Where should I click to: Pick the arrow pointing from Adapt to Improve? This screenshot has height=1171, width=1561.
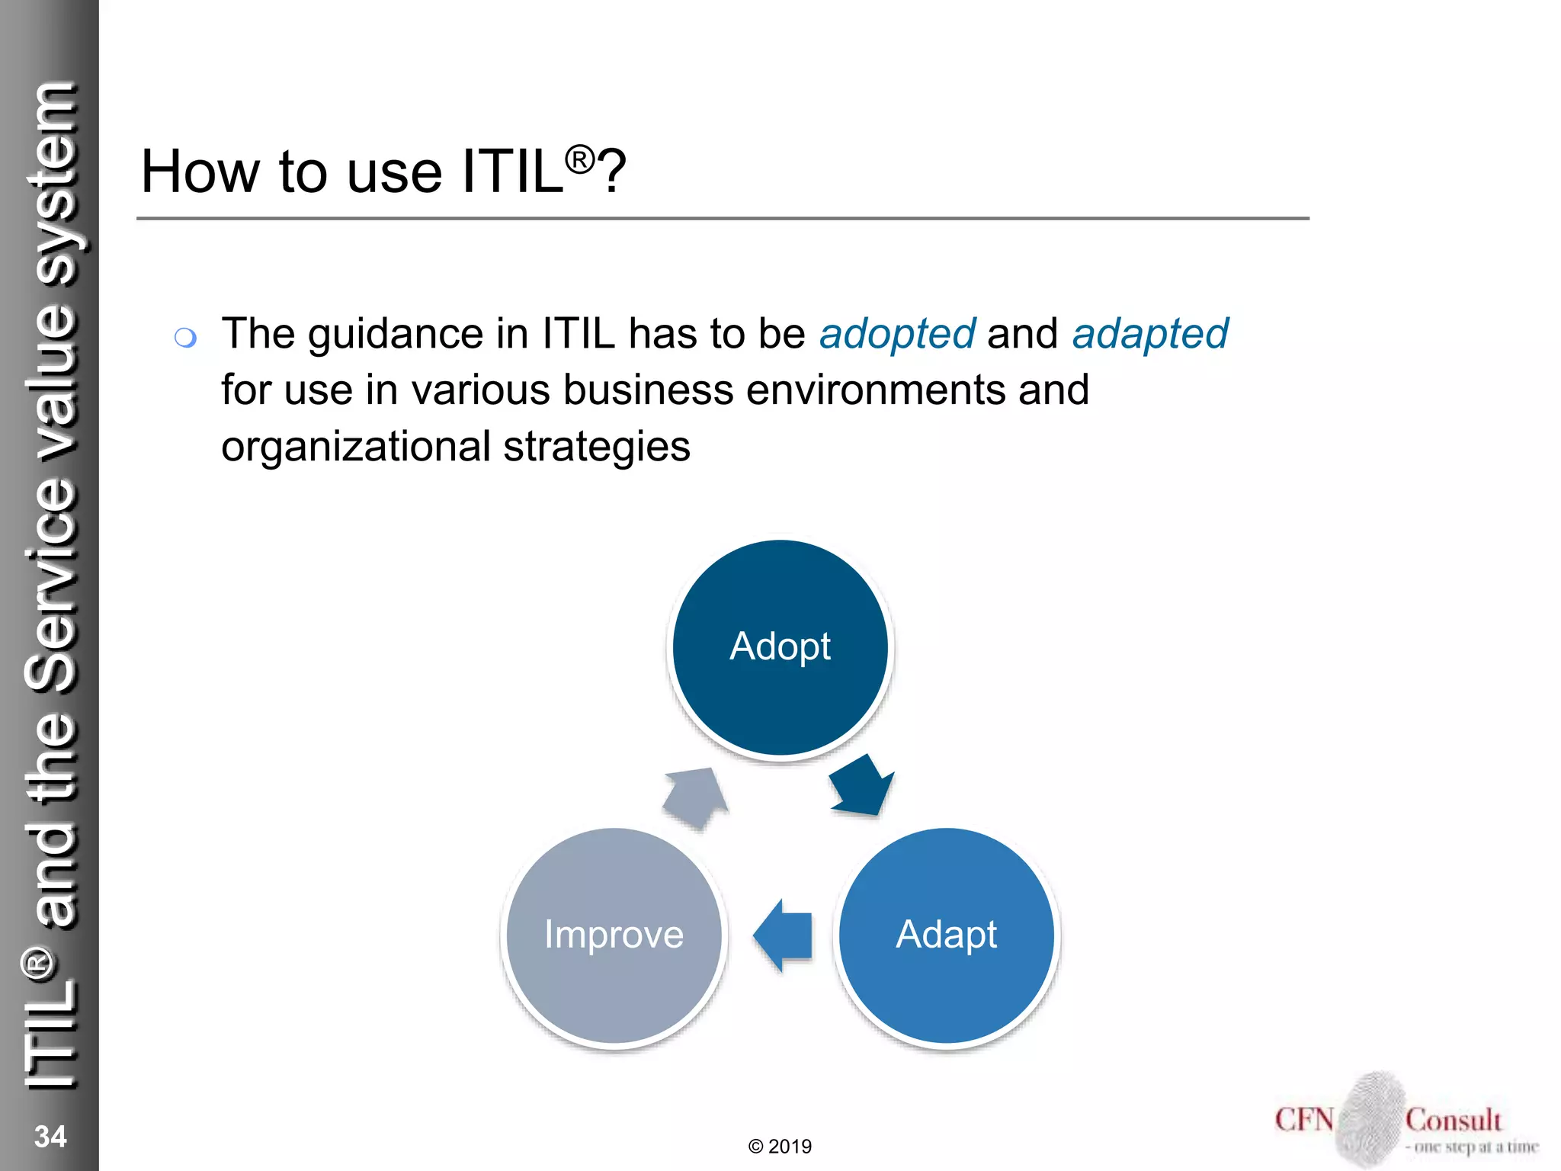click(783, 935)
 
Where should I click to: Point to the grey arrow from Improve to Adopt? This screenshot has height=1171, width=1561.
click(694, 797)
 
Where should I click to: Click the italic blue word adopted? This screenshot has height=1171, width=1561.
click(896, 334)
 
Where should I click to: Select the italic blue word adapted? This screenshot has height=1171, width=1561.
click(1149, 334)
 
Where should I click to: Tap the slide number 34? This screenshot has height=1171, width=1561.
click(50, 1136)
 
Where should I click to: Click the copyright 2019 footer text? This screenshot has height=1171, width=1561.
click(780, 1146)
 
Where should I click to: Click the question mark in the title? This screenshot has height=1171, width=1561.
click(612, 172)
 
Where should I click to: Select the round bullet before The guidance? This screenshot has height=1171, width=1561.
click(185, 337)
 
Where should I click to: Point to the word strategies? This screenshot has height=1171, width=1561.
click(596, 447)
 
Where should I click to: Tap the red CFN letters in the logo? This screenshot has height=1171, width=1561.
click(1304, 1120)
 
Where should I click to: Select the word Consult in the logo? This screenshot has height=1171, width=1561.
click(1453, 1120)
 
